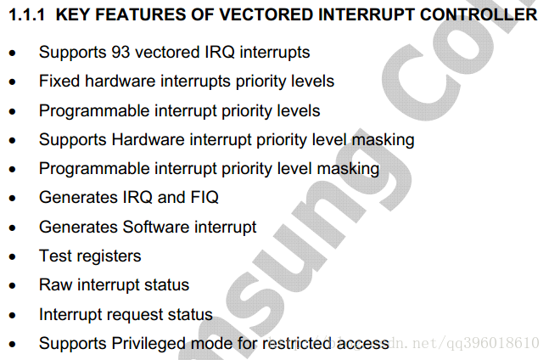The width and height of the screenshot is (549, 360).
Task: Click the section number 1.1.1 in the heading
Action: (26, 15)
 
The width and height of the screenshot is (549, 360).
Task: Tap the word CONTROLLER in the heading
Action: (479, 15)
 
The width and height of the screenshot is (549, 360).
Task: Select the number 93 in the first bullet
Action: (120, 52)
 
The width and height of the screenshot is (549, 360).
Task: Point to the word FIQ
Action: (204, 197)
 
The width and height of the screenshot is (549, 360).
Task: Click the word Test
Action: (55, 256)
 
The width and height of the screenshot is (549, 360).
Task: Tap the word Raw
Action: (56, 284)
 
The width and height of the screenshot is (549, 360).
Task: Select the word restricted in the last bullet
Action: (296, 343)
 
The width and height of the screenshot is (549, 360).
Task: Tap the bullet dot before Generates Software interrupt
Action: (13, 228)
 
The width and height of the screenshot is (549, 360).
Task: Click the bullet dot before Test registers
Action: (13, 257)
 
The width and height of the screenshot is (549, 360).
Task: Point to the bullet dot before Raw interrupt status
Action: (13, 286)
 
